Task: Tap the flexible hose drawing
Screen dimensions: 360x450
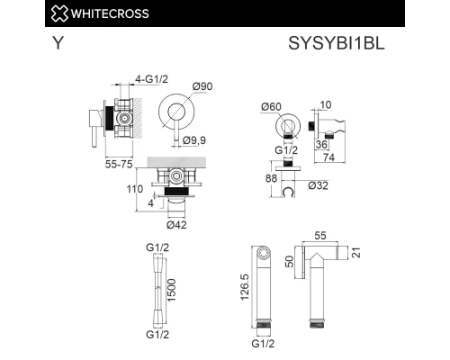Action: coord(158,289)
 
